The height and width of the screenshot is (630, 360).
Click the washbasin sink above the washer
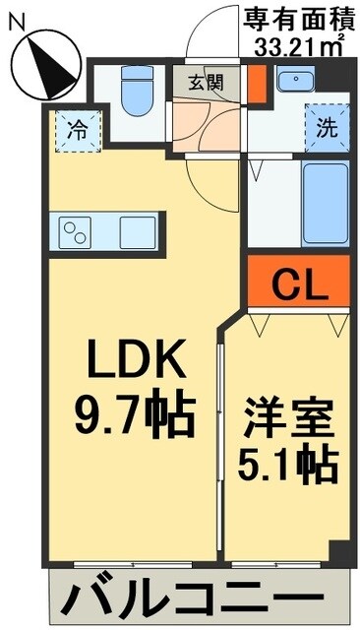(294, 81)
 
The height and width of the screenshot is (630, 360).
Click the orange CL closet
(298, 285)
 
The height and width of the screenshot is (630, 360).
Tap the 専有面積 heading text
(296, 17)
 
